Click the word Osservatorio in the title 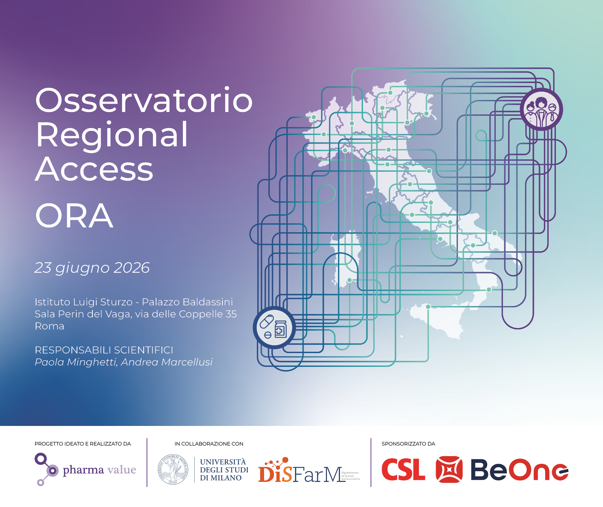coord(144,100)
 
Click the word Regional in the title coord(112,135)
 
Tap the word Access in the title coord(94,169)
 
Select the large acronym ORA coord(74,216)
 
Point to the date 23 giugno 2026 coord(92,268)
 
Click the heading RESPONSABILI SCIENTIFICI coord(104,350)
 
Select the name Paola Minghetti coord(76,362)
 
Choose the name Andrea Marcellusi coord(167,362)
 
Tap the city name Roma coord(50,326)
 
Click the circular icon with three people coord(541,110)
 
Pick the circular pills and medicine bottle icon coord(274,327)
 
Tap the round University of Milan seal coord(173,470)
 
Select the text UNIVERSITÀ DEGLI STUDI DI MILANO coord(224,470)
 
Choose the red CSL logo coord(403,470)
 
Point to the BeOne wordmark coord(519,470)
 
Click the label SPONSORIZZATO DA coord(408,444)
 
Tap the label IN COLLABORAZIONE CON coord(209,444)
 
